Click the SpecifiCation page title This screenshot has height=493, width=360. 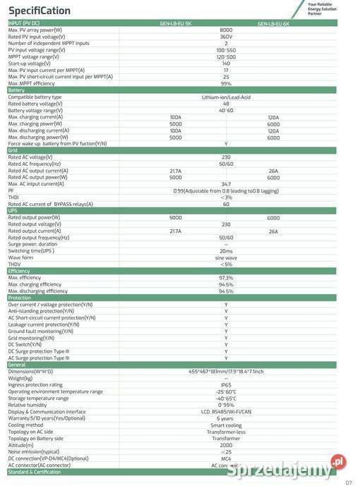(x=40, y=11)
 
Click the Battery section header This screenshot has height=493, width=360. (x=16, y=90)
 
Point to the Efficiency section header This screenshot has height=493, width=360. (x=19, y=271)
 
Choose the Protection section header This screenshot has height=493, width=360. (x=20, y=298)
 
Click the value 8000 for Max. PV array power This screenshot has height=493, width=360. (x=226, y=30)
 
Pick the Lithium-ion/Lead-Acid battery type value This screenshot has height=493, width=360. (x=226, y=97)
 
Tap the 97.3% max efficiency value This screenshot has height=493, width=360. (x=226, y=278)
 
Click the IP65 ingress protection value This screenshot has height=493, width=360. (x=226, y=384)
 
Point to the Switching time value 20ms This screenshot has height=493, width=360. (x=226, y=250)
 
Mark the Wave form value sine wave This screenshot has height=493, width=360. (x=226, y=257)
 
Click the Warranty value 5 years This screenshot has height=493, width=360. (x=226, y=418)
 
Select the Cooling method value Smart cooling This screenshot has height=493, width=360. (x=226, y=425)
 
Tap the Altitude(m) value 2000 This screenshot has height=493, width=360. (x=226, y=445)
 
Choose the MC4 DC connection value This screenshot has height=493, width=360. (x=226, y=458)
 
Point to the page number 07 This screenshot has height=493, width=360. (x=348, y=482)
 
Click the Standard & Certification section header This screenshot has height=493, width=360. (x=35, y=472)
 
